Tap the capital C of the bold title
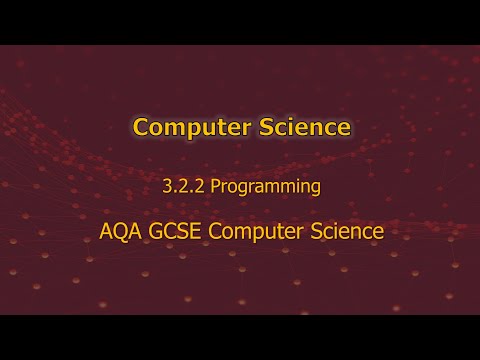click(x=141, y=128)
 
